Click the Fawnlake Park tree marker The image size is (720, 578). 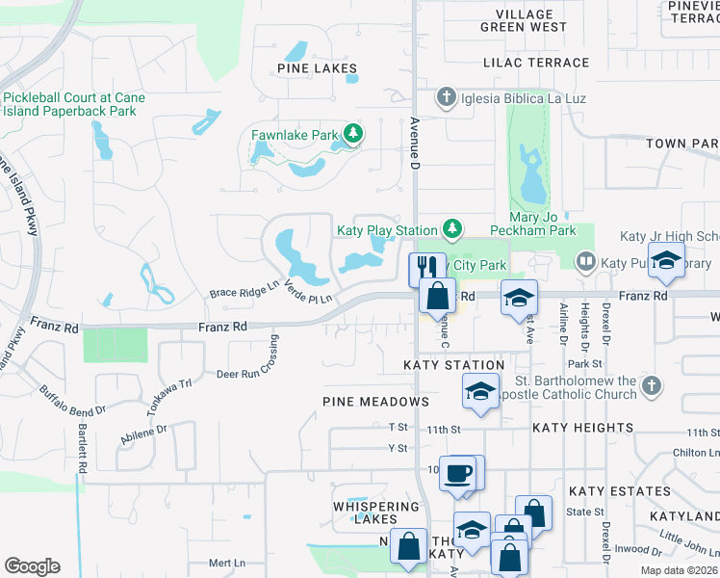[353, 134]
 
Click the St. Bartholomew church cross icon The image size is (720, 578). [651, 385]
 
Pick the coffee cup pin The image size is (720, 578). [459, 472]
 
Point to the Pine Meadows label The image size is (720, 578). [375, 401]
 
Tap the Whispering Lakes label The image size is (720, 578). [375, 512]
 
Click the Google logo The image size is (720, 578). [32, 565]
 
